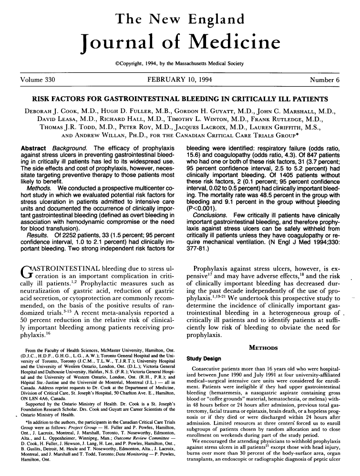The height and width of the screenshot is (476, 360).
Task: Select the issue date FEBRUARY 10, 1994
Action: pyautogui.click(x=180, y=81)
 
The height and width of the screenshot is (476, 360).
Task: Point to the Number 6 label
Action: pyautogui.click(x=324, y=81)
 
